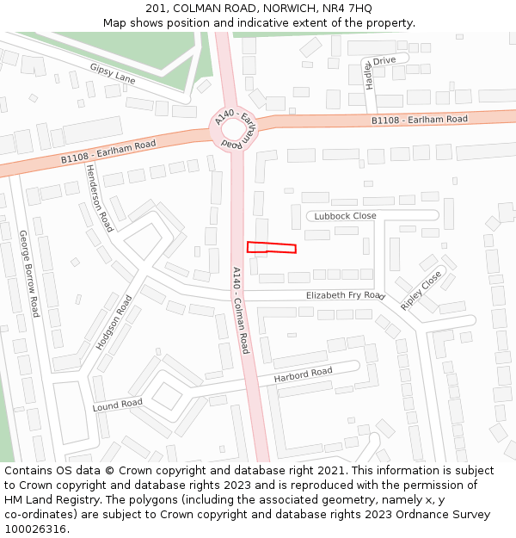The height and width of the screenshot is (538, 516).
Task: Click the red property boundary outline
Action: pos(272,248)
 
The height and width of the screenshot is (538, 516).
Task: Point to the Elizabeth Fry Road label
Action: pos(345,295)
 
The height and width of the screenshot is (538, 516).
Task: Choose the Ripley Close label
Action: pos(421,291)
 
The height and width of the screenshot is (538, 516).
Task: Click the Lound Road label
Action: pos(118,404)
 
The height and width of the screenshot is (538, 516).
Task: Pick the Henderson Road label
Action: pos(99,198)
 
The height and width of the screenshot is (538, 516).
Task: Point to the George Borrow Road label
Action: pos(29,273)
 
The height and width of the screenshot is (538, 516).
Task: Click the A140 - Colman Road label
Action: pos(241,310)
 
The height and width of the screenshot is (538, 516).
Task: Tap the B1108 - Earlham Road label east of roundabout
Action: pos(420,120)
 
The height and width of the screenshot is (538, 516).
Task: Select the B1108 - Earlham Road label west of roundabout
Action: pos(108,152)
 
